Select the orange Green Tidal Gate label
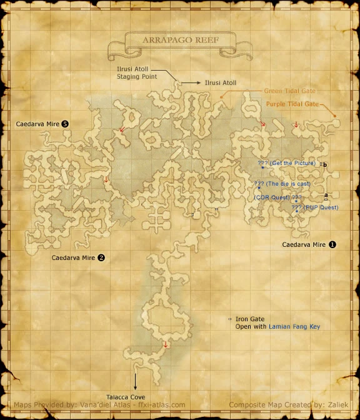(x=289, y=91)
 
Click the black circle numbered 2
(x=101, y=257)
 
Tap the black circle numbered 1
(x=332, y=244)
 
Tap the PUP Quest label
(x=319, y=207)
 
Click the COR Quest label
(x=272, y=197)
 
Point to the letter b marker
(x=326, y=164)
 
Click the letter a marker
(x=326, y=195)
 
